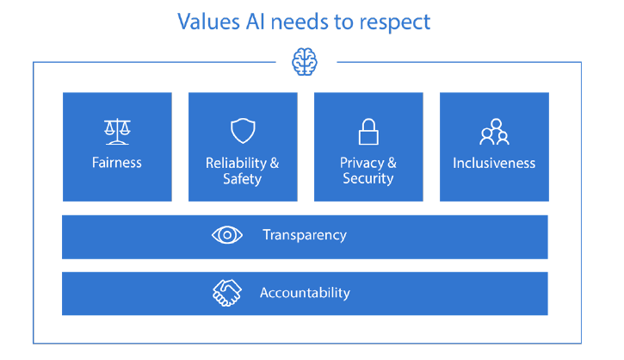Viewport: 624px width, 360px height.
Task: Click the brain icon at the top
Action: tap(305, 62)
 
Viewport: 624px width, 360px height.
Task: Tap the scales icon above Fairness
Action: tap(117, 132)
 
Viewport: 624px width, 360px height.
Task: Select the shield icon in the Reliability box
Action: tap(243, 131)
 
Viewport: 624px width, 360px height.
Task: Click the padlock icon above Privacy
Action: tap(368, 132)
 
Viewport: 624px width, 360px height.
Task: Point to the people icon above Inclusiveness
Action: tap(494, 132)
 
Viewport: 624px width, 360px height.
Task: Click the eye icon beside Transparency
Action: tap(227, 235)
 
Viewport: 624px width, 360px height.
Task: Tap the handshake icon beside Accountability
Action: tap(227, 293)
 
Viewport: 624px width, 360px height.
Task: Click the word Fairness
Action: tap(116, 163)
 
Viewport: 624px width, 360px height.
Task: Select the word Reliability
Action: tap(236, 163)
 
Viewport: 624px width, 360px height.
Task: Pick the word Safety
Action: tap(243, 179)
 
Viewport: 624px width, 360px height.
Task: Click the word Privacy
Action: tap(361, 163)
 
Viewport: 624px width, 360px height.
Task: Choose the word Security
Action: tap(368, 178)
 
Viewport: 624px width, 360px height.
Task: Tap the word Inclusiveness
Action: tap(494, 163)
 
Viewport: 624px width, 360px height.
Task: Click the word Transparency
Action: tap(305, 235)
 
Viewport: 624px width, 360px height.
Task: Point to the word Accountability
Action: tap(305, 293)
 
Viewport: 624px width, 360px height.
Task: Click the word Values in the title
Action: tap(208, 22)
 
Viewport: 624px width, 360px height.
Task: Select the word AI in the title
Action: tap(255, 22)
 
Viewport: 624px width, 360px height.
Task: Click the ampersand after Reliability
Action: tap(275, 163)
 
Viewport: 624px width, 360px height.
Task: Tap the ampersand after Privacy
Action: tap(392, 163)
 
